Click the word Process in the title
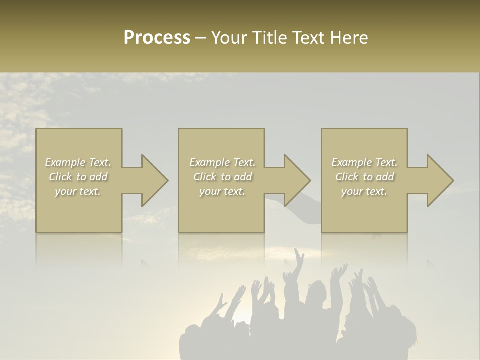point(157,38)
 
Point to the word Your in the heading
point(229,38)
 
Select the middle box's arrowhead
point(296,180)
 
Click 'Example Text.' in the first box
point(78,162)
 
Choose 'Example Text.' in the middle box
point(222,162)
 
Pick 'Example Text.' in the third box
point(364,162)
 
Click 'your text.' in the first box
point(78,191)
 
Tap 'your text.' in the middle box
point(222,191)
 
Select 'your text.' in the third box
point(364,191)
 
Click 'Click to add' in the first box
point(78,177)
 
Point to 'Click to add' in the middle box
point(222,177)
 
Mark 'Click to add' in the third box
point(364,177)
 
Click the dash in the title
point(200,38)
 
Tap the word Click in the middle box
point(204,177)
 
